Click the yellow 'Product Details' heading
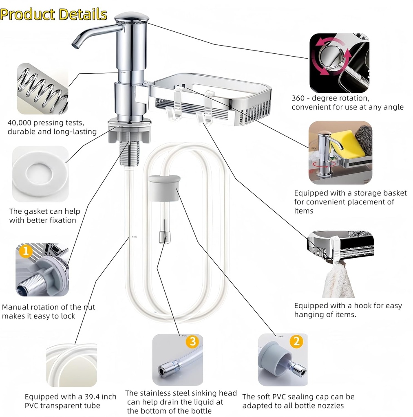53,14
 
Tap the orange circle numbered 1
25,251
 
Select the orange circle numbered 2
296,341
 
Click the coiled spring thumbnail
42,89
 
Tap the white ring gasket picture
40,174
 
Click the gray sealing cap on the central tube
165,188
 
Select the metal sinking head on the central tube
164,236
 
